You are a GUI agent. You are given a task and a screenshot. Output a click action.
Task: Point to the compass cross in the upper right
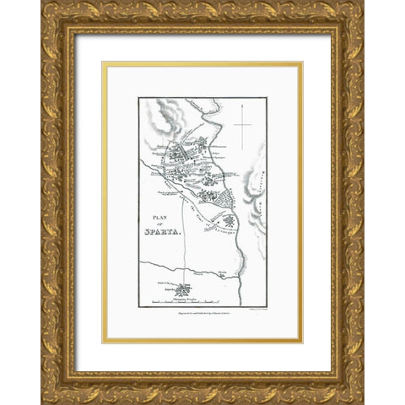(245, 126)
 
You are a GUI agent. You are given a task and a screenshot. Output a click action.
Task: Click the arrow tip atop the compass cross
(245, 105)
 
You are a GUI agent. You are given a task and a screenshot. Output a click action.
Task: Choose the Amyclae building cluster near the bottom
(182, 288)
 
